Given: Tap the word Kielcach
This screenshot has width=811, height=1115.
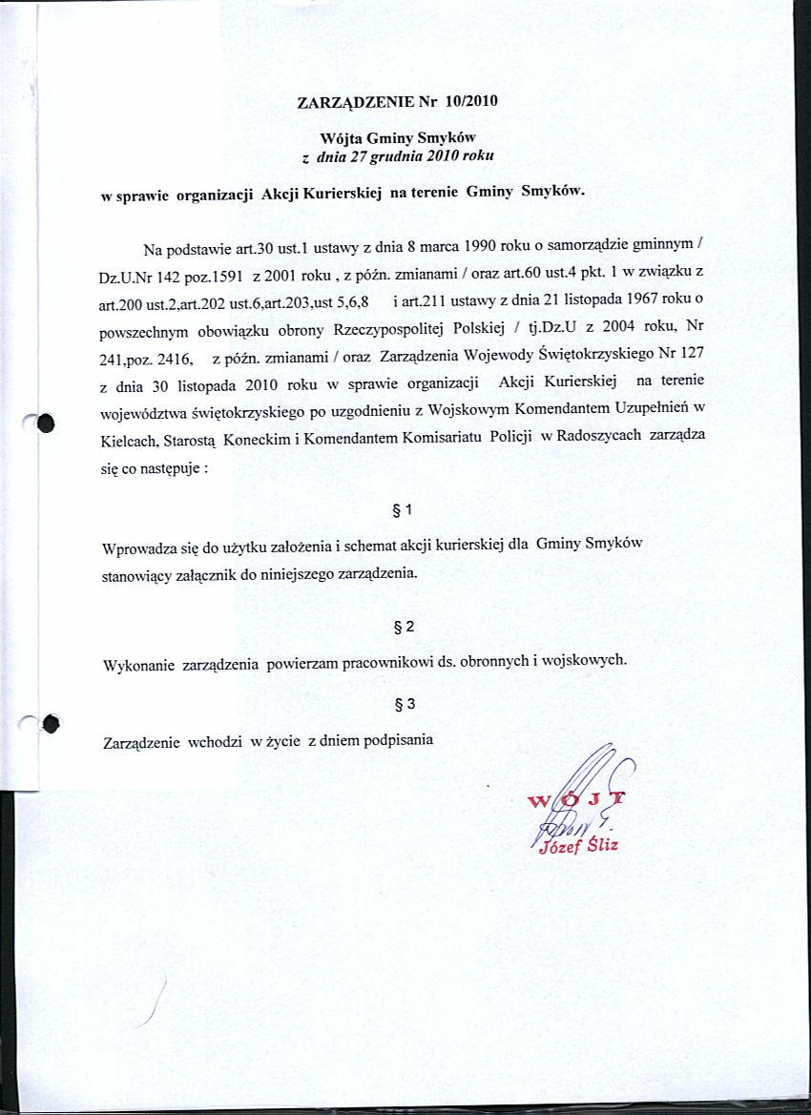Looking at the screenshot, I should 130,443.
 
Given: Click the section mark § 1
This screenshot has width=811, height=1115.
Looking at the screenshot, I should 402,510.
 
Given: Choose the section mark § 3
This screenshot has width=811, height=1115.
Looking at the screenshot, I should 404,705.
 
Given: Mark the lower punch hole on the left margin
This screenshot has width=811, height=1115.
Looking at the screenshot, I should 51,725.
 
